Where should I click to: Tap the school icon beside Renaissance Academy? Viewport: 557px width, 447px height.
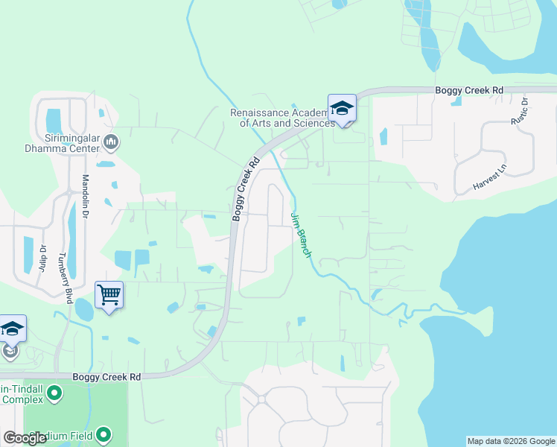click(342, 109)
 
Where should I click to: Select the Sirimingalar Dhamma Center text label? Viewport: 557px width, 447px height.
click(63, 143)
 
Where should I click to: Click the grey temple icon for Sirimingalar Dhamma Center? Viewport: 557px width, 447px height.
click(111, 141)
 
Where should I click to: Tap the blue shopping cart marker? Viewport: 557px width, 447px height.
click(109, 296)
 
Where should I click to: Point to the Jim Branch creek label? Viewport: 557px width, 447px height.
click(300, 234)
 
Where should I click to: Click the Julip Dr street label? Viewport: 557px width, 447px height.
click(42, 257)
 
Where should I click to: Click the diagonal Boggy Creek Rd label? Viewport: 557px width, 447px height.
click(245, 188)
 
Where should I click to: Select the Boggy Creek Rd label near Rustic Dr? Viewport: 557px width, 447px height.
click(469, 90)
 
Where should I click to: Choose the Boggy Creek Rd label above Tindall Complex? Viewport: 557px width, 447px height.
click(106, 377)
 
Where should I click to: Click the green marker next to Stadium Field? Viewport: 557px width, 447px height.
click(104, 434)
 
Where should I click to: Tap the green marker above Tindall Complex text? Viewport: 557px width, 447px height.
click(54, 392)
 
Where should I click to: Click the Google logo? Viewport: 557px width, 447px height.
click(24, 437)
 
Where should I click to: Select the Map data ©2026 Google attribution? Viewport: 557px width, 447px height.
click(510, 441)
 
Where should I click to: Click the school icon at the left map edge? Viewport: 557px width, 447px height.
click(12, 329)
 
